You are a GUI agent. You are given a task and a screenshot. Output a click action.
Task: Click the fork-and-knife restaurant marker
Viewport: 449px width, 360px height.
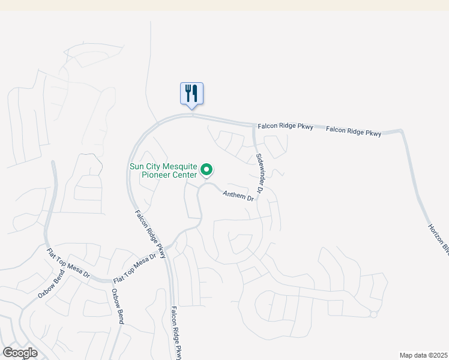point(192,94)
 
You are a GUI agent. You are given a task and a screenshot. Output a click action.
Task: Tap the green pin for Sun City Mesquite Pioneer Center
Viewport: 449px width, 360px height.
point(206,170)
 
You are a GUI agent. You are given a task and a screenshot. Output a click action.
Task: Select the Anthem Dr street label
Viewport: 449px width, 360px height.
point(238,196)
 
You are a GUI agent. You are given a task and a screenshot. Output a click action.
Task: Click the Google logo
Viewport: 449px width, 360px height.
point(20,352)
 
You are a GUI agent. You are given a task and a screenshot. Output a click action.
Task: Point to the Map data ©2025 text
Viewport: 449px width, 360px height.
point(423,355)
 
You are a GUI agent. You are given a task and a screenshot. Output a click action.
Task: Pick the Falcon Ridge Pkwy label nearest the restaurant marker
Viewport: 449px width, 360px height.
point(285,127)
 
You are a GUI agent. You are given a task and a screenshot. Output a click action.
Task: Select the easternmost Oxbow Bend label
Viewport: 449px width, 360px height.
point(118,307)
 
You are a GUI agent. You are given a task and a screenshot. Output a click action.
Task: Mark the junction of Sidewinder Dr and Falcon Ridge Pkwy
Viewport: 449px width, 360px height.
point(255,126)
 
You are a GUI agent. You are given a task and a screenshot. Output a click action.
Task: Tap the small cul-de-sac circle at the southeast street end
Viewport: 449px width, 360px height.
point(373,314)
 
